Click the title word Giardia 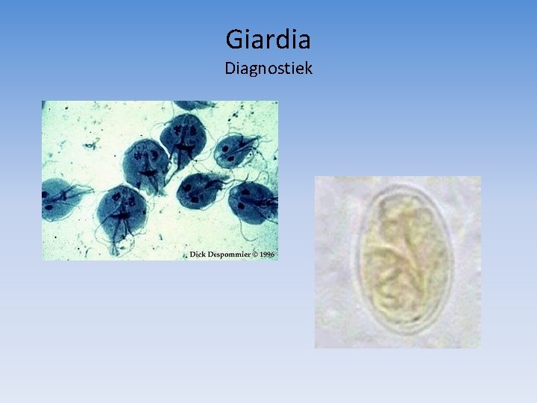click(268, 38)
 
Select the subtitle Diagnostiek click(268, 69)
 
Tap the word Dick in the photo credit click(198, 254)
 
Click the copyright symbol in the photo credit click(254, 254)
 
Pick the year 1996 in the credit click(267, 254)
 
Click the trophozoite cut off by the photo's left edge click(60, 197)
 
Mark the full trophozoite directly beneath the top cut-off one click(184, 138)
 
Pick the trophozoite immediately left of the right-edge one click(201, 190)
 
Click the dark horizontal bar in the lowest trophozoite click(120, 216)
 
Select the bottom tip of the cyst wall click(407, 335)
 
